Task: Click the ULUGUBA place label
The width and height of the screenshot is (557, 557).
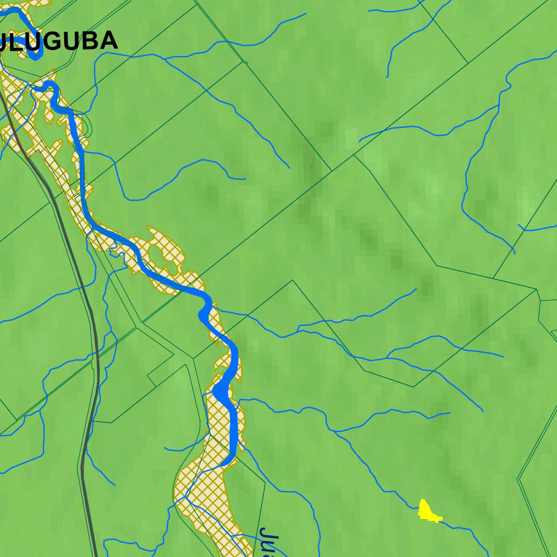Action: (x=60, y=41)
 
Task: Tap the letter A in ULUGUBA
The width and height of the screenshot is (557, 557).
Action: (x=108, y=41)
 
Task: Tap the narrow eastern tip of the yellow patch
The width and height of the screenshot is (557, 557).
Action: (x=440, y=519)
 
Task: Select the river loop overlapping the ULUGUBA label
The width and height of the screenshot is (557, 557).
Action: (x=33, y=46)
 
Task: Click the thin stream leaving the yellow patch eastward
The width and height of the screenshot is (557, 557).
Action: (x=457, y=526)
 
